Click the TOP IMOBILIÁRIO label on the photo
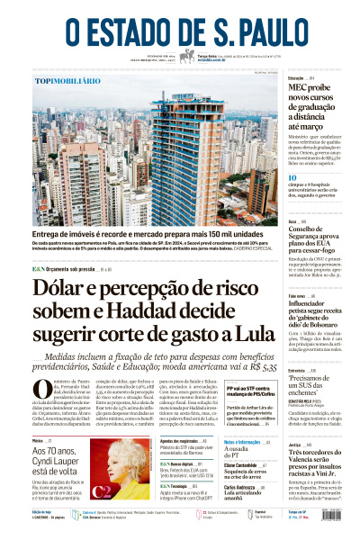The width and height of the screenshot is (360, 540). tap(67, 81)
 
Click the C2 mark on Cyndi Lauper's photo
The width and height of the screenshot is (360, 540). tap(100, 491)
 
